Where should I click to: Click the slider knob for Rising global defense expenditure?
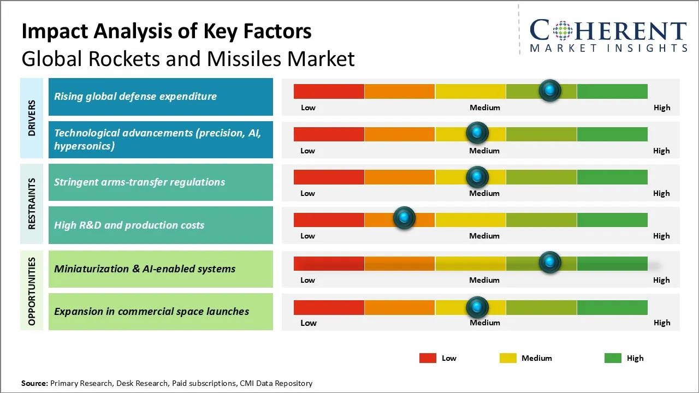(550, 90)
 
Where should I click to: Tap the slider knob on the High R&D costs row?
(404, 218)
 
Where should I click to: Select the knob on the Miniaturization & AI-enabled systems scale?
(550, 262)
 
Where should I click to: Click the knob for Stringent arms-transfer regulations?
(477, 177)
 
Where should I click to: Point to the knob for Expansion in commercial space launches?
(477, 307)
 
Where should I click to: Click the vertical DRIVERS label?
(32, 118)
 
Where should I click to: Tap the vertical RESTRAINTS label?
(32, 204)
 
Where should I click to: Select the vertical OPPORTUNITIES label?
(32, 291)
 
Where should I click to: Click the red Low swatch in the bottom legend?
(428, 358)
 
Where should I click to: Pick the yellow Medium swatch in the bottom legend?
(508, 358)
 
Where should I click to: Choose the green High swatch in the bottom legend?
(613, 358)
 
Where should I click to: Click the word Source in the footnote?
(34, 383)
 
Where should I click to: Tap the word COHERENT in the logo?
(608, 31)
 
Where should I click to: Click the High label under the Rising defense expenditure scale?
(661, 108)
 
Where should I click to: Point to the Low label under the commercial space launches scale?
(308, 323)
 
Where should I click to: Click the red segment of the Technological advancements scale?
(329, 134)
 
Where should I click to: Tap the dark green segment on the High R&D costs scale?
(612, 219)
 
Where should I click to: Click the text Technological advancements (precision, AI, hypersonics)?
(157, 139)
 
